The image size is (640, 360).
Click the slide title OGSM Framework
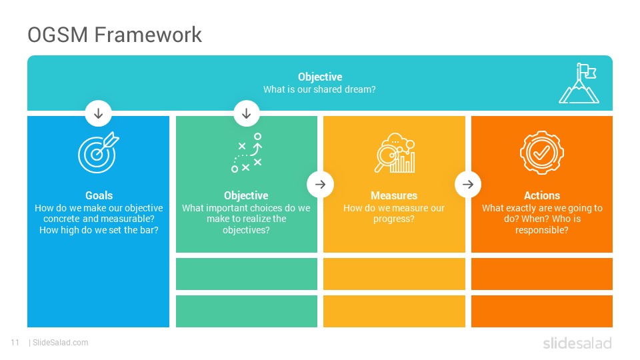tap(115, 34)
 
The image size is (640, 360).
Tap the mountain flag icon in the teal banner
tap(579, 84)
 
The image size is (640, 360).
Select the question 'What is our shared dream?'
tap(319, 89)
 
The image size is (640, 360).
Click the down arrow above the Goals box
tap(99, 113)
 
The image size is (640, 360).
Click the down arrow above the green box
tap(247, 113)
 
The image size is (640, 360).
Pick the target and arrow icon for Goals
tap(99, 152)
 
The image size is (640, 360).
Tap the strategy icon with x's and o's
tap(247, 152)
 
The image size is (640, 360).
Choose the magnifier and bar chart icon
tap(395, 153)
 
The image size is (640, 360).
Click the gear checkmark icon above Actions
tap(541, 152)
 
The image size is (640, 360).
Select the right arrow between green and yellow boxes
tap(321, 185)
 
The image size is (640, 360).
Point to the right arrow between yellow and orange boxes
tap(468, 185)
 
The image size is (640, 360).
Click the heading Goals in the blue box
tap(99, 195)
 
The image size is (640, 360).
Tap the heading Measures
tap(394, 195)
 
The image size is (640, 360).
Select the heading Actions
tap(542, 195)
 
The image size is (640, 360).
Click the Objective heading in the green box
tap(246, 195)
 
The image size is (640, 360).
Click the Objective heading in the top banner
tap(320, 77)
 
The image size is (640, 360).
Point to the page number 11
tap(15, 343)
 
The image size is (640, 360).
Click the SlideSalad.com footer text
tap(61, 343)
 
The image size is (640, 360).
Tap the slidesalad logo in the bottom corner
tap(577, 343)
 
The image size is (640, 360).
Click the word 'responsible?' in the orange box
tap(541, 230)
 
